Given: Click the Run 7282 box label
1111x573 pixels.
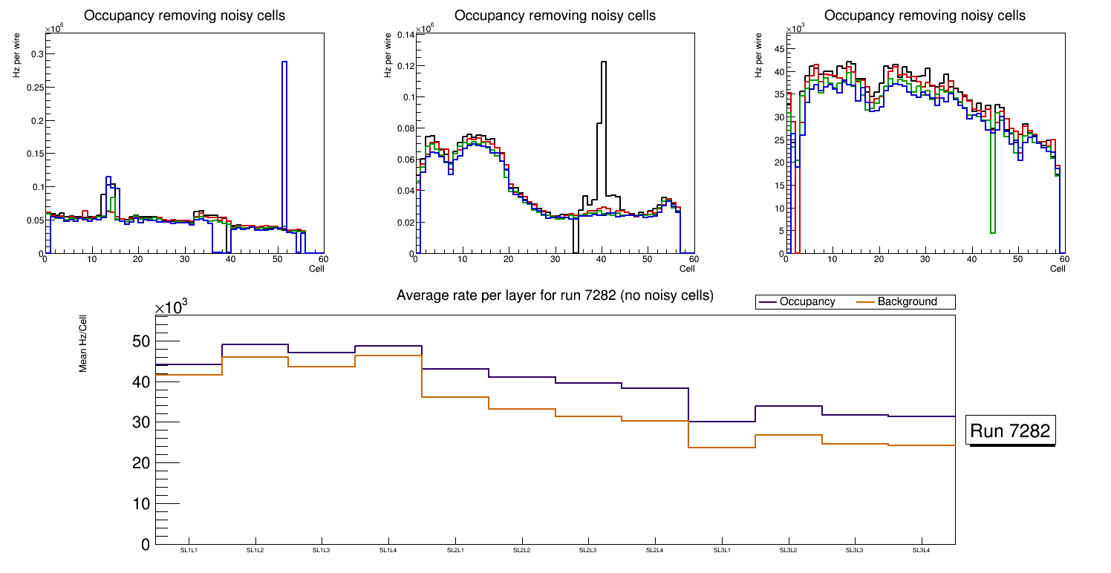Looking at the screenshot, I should click(1010, 431).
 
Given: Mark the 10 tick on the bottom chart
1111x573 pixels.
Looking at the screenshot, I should click(141, 504).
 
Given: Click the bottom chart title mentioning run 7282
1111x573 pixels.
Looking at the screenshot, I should click(555, 296).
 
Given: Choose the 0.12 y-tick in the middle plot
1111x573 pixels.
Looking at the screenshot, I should click(405, 66).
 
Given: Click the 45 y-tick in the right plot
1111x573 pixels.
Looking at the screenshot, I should click(779, 50).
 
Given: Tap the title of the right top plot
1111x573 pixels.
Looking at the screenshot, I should click(925, 16).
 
